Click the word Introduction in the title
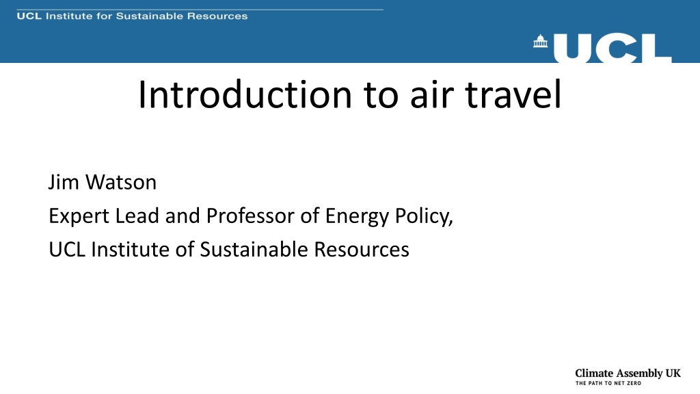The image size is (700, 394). pos(245,94)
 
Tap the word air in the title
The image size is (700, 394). pos(432,94)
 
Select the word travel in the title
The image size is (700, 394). pos(513,94)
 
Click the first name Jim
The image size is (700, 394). pos(64,183)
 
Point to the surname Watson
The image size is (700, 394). pos(120,183)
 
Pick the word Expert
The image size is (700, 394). pos(79,217)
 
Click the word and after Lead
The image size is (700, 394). pos(183,215)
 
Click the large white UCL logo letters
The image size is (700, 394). pos(612,49)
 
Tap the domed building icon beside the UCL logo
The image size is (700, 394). pos(540,41)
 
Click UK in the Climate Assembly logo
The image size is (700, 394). pos(673,373)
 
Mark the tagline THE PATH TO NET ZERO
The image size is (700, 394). pos(608,383)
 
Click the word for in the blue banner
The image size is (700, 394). pos(105,16)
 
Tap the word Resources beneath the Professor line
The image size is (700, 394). pos(361,249)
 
